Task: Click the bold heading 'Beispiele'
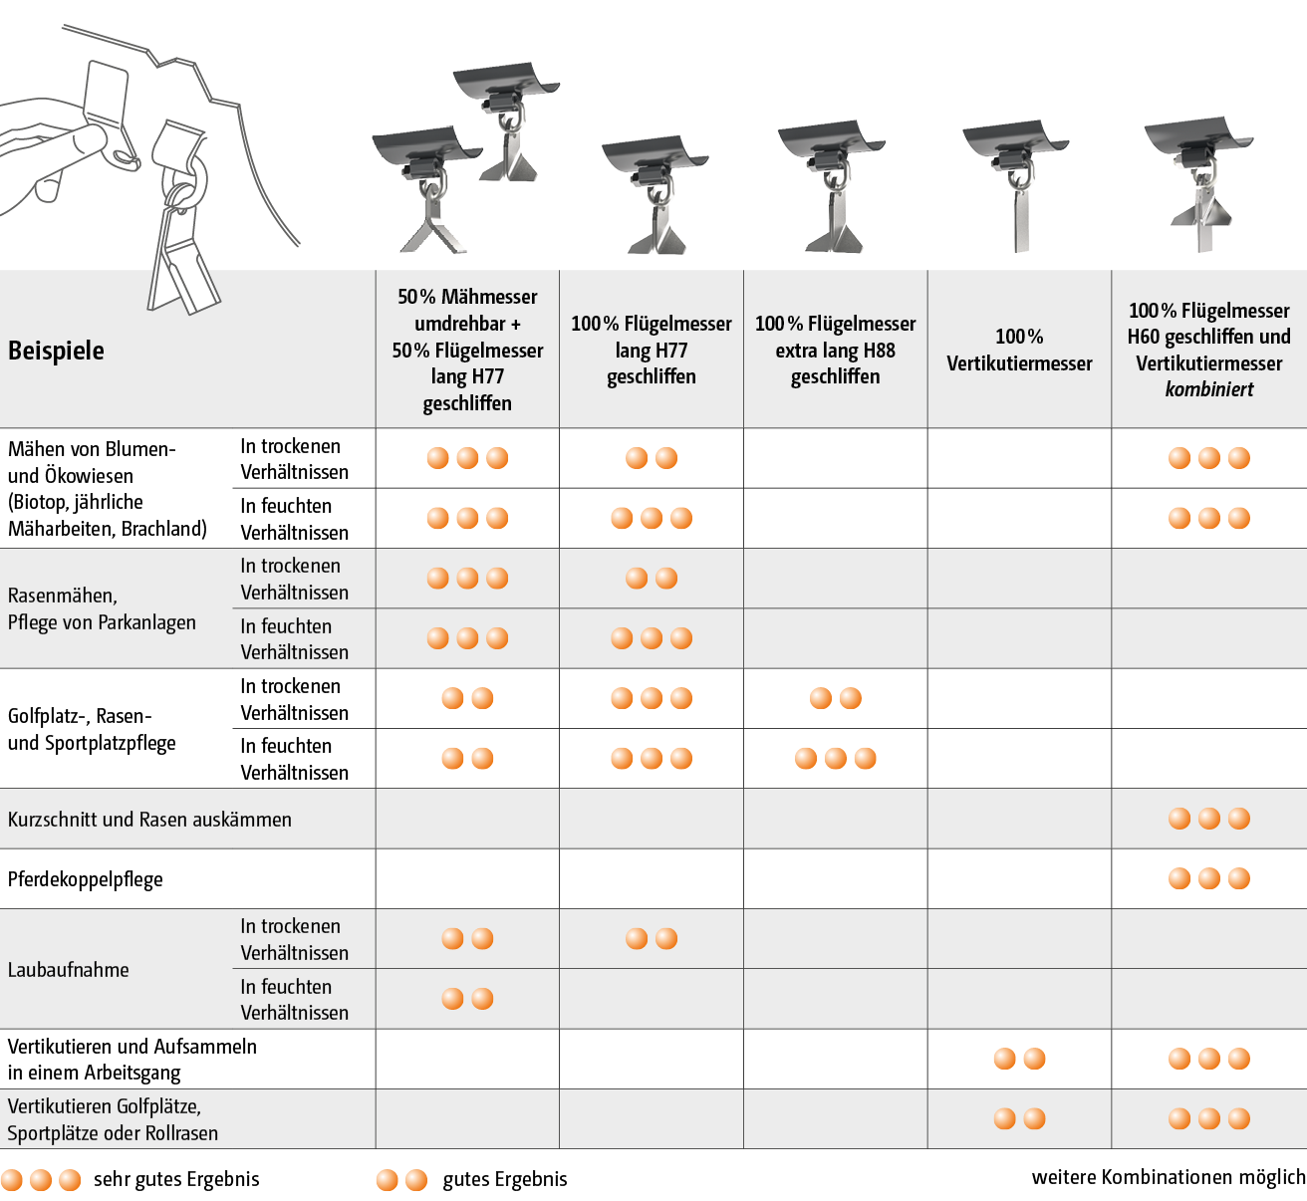point(56,351)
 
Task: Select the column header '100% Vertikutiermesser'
point(1019,350)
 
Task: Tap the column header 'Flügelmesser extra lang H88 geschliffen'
point(835,350)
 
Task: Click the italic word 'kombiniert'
point(1208,389)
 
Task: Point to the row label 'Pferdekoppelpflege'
point(86,879)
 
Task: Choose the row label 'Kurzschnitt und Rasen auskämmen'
point(149,819)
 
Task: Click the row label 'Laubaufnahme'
point(69,970)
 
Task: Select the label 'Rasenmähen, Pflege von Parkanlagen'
point(102,609)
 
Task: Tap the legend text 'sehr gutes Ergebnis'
point(176,1179)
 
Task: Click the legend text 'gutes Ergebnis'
point(505,1179)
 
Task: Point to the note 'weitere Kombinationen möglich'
point(1169,1177)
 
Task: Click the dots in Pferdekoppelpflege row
point(1208,878)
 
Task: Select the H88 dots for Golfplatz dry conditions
point(835,698)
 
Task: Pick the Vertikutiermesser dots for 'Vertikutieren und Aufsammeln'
point(1019,1059)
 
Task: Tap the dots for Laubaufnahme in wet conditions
point(467,999)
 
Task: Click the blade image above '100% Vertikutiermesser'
point(1015,185)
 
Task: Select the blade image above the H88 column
point(832,185)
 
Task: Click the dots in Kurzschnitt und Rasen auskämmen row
point(1208,819)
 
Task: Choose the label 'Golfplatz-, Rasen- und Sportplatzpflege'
point(92,729)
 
